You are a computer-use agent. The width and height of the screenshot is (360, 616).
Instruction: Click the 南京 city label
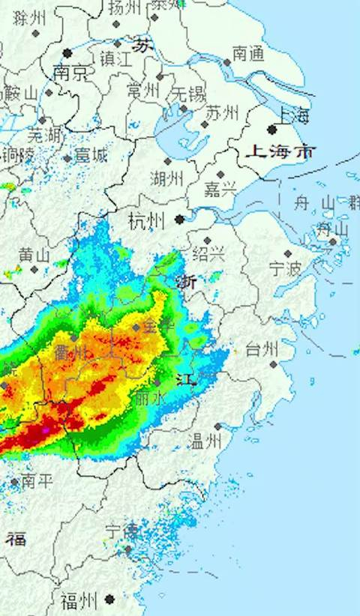coord(69,73)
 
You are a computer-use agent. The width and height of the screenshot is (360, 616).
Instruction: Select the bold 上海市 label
coord(281,152)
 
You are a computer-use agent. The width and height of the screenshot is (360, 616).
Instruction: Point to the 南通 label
coord(248,52)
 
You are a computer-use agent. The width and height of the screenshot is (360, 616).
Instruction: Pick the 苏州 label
coord(222,112)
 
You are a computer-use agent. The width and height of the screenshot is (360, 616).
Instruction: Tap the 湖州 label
coord(166,178)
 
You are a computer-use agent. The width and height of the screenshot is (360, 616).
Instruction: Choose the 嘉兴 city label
coord(220,190)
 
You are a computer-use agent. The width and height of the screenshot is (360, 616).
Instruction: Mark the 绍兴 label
coord(208,253)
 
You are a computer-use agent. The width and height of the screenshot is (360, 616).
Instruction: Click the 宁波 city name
coord(284,268)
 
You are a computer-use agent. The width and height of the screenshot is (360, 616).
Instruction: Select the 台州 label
coord(262,348)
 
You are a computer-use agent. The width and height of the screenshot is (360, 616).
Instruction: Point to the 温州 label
coord(206,441)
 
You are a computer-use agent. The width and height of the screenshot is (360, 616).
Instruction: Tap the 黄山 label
coord(34,255)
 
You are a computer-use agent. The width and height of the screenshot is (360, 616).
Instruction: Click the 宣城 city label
coord(90,155)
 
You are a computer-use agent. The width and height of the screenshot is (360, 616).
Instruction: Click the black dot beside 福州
coord(110,599)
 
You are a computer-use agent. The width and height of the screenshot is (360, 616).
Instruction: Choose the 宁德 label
coord(122,532)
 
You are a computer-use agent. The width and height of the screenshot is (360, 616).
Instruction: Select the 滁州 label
coord(30,17)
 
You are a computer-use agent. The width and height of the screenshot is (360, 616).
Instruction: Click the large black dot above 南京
coord(67,53)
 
